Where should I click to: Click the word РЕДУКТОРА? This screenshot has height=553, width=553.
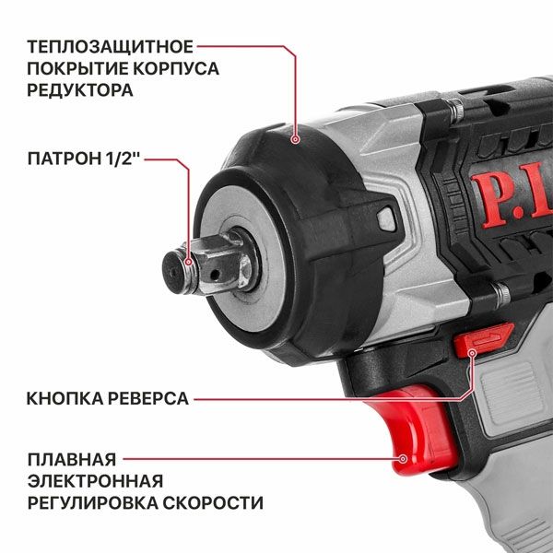[79, 90]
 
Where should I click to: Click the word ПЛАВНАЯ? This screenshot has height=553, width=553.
[71, 458]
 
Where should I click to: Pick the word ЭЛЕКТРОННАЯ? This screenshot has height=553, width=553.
[95, 480]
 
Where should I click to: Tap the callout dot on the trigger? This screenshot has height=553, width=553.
[403, 458]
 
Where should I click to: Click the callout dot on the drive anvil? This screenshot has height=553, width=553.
[189, 264]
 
